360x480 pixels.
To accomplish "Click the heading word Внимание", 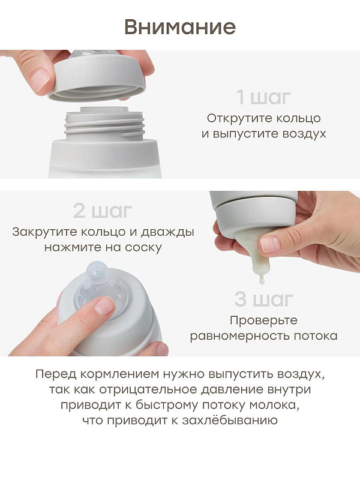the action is point(180,27).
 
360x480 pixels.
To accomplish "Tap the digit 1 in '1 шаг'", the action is point(241,97).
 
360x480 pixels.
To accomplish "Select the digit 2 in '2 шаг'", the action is point(79,211).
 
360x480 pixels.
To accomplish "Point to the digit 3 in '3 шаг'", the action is point(241,299).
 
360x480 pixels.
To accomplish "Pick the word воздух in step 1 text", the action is point(304,134).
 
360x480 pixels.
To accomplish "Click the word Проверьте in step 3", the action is point(263,320).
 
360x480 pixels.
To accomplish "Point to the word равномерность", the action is point(239,336).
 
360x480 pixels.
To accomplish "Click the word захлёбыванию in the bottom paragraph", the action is point(230,420).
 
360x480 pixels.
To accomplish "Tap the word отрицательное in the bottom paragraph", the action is point(148,389).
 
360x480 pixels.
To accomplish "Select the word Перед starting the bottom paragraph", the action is point(56,374).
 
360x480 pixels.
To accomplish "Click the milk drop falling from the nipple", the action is point(261,279).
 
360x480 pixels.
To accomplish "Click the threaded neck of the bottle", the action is point(104,122).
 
